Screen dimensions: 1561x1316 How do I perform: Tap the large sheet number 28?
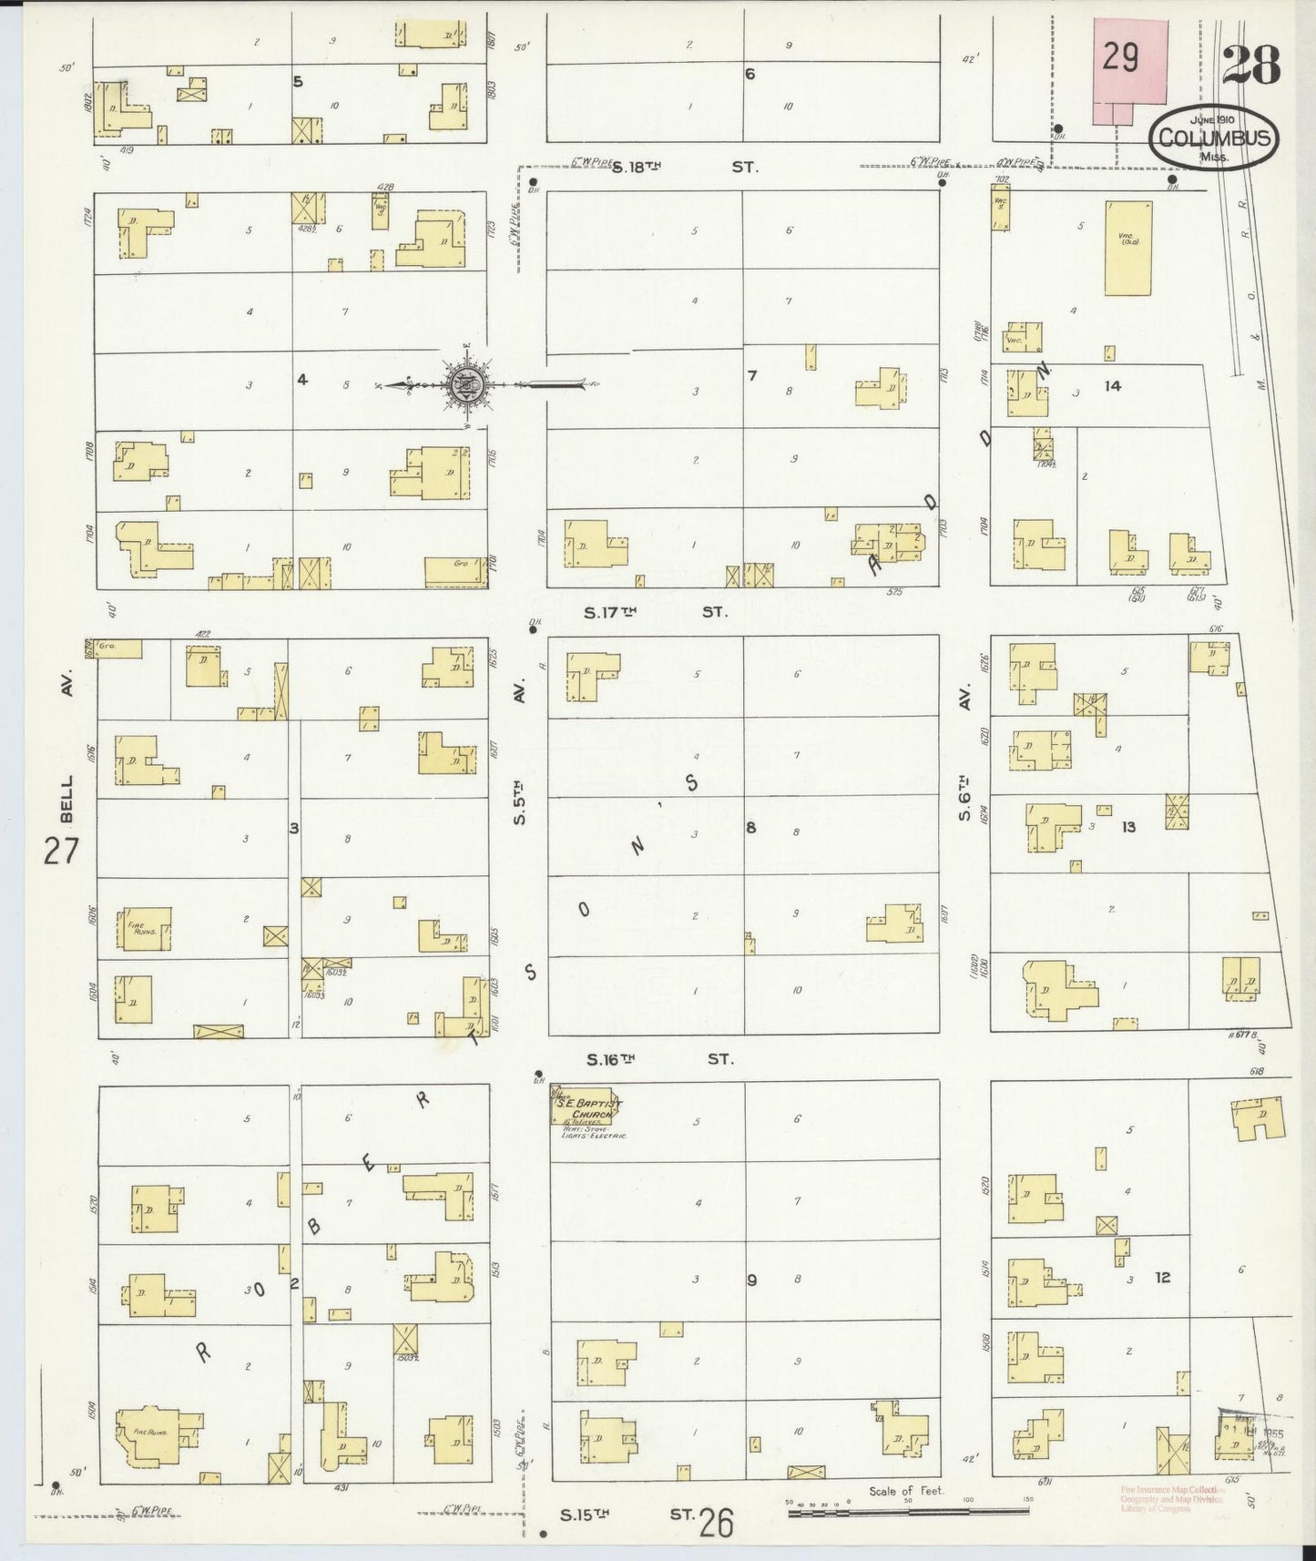click(1250, 65)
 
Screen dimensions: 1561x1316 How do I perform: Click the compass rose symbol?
click(465, 386)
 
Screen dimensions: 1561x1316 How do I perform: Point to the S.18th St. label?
click(683, 168)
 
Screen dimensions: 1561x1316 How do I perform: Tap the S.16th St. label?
click(659, 1059)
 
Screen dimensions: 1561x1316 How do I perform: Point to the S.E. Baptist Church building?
click(587, 1109)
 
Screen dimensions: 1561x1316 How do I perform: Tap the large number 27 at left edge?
click(62, 852)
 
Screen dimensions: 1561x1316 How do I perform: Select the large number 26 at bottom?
click(717, 1522)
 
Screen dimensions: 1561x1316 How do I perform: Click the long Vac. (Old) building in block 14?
click(1127, 248)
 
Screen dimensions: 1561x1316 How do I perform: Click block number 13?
click(1128, 827)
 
